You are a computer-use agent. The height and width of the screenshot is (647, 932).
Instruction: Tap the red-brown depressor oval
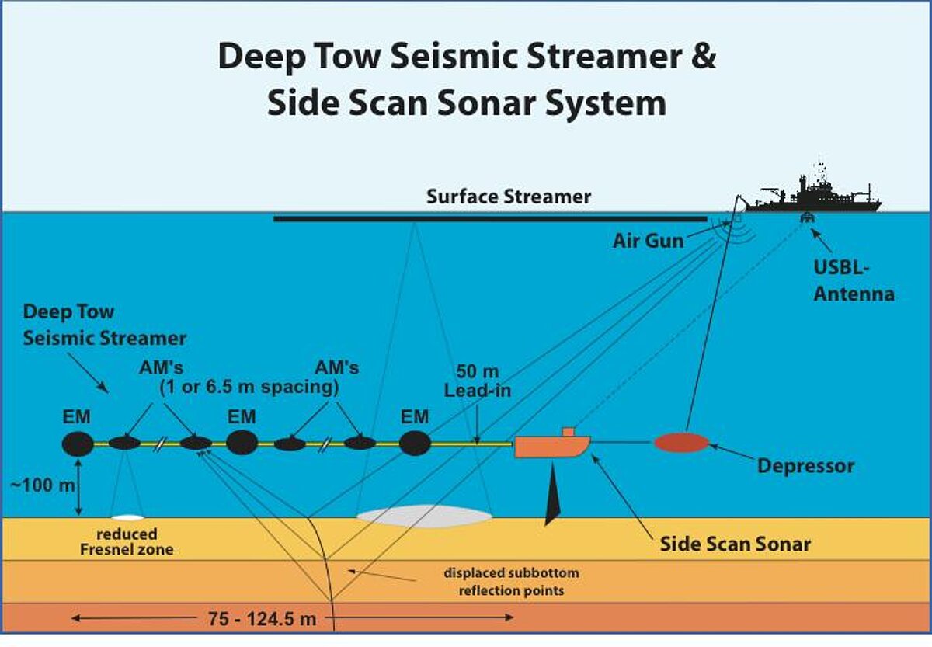click(680, 443)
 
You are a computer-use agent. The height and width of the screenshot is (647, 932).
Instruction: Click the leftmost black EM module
click(78, 444)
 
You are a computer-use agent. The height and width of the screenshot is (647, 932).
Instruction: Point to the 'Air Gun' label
click(648, 241)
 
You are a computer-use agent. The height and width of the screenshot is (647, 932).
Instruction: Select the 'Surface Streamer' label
click(509, 197)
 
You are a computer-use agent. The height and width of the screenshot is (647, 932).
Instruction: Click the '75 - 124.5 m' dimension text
click(262, 619)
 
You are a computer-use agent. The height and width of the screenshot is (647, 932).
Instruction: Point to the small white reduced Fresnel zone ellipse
click(127, 517)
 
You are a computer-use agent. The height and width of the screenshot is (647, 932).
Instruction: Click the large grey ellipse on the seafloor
click(424, 514)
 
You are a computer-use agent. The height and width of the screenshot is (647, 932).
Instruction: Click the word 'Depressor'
click(805, 467)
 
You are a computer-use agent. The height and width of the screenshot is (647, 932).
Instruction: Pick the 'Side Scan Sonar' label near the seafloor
click(735, 544)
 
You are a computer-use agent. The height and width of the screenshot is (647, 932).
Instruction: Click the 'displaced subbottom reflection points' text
click(511, 582)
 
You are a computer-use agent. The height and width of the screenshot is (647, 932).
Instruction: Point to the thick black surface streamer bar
click(489, 219)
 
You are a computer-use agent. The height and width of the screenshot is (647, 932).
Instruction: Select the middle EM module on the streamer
click(242, 443)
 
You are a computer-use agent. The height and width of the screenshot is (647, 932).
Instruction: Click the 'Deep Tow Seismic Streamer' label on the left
click(104, 325)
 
